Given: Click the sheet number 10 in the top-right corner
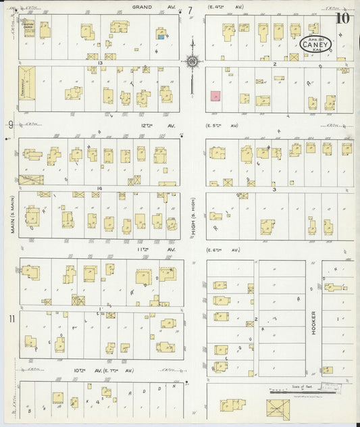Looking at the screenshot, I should (x=344, y=18).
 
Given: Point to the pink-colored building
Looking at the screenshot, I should (x=215, y=97).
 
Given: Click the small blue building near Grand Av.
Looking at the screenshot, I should (x=161, y=36).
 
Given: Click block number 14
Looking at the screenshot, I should (x=99, y=189).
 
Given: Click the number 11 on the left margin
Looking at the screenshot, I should (x=11, y=318).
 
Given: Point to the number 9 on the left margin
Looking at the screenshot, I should (x=11, y=124).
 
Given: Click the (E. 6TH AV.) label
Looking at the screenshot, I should (x=223, y=250).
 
